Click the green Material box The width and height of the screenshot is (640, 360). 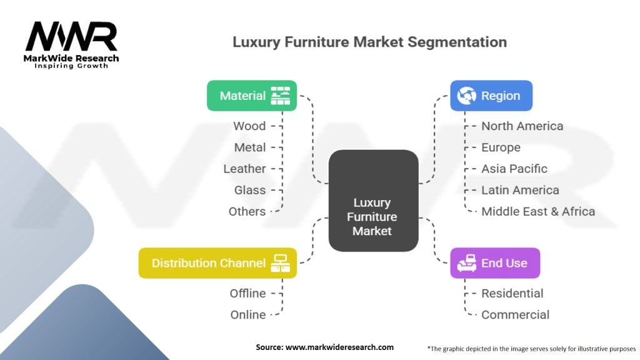(x=252, y=96)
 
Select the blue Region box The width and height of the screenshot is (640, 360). (x=491, y=96)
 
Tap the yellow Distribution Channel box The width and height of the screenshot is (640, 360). (x=217, y=263)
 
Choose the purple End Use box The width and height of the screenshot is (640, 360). (x=495, y=263)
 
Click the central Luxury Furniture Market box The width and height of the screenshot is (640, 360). (x=374, y=201)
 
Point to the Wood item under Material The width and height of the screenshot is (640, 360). (x=249, y=126)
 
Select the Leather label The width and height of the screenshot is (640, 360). (x=244, y=169)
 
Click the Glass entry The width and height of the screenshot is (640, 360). (x=250, y=190)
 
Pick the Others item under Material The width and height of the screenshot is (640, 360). (x=247, y=211)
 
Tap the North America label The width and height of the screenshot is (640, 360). (x=522, y=126)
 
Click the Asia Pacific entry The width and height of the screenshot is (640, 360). (x=514, y=169)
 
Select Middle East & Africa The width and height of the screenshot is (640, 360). (x=538, y=211)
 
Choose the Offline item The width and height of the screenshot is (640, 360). (x=247, y=294)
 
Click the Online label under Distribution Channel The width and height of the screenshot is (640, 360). (x=248, y=315)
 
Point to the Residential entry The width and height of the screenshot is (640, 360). (x=512, y=294)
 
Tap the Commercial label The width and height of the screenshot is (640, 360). (x=515, y=315)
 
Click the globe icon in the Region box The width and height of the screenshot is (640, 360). (x=466, y=96)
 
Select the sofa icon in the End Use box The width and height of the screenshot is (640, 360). (x=466, y=263)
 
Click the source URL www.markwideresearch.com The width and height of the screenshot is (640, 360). (x=339, y=347)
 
